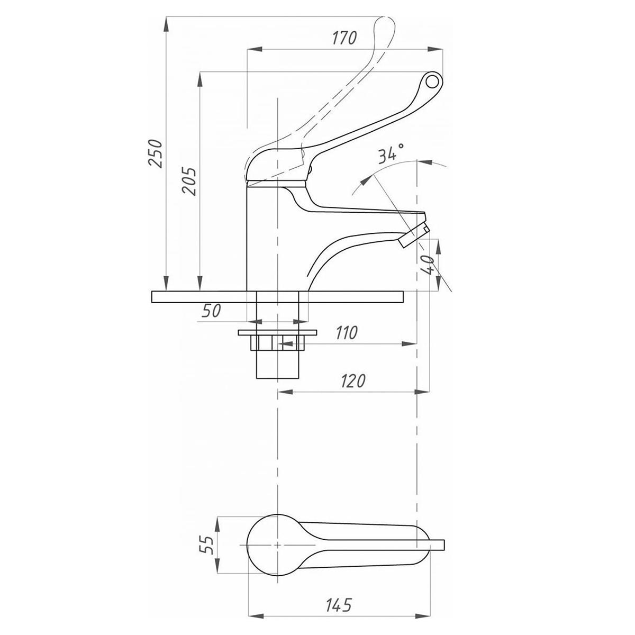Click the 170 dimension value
[344, 38]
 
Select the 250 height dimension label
[155, 153]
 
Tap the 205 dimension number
[189, 182]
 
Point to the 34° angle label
[391, 153]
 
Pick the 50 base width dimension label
[211, 311]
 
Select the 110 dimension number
[347, 333]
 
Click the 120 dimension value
[352, 381]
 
